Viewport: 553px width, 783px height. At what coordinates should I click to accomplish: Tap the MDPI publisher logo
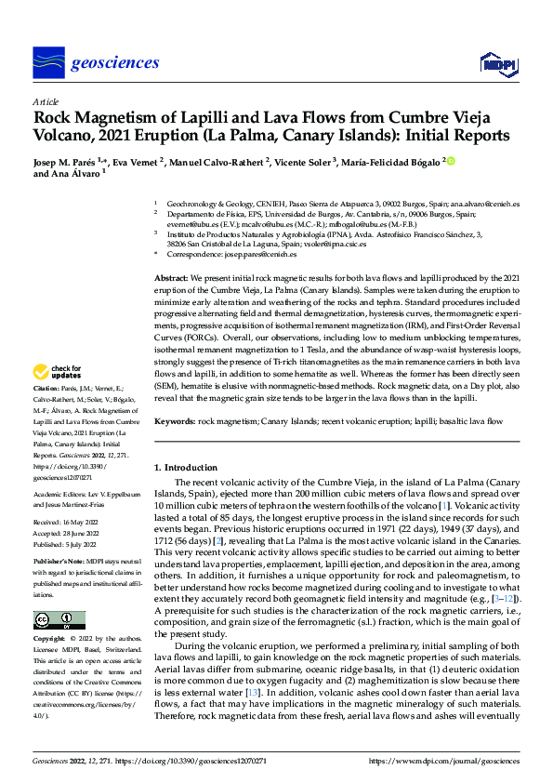[496, 63]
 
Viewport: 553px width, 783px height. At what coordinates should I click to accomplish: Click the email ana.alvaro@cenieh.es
[485, 202]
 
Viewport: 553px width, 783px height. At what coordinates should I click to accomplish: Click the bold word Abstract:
[171, 278]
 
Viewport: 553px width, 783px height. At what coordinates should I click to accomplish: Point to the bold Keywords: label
[175, 421]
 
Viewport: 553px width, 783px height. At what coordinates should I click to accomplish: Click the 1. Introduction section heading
[185, 467]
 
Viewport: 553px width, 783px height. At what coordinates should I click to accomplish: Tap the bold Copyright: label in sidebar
[51, 640]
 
